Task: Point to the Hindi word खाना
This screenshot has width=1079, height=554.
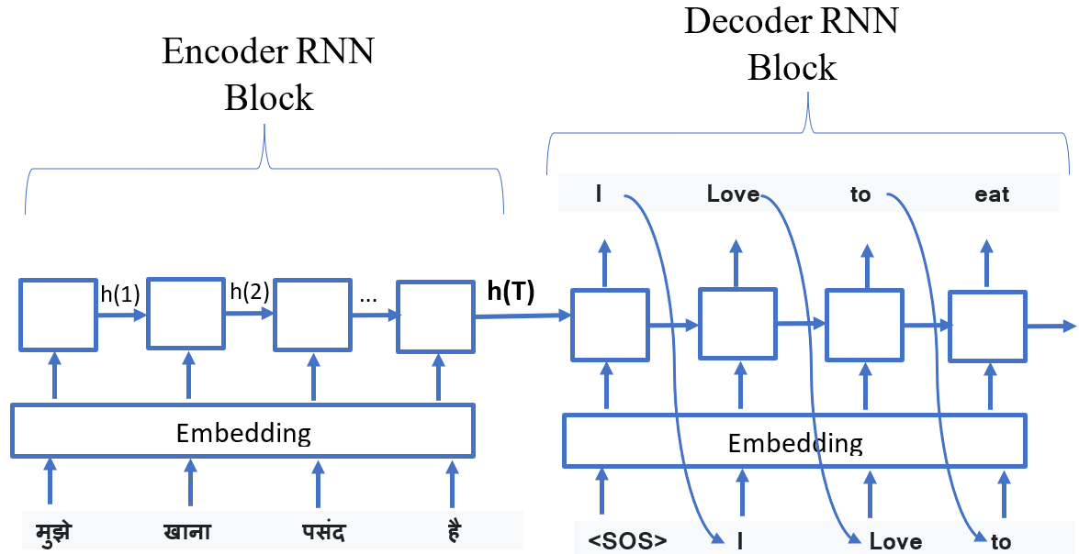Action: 187,533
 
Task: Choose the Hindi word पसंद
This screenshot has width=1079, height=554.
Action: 322,533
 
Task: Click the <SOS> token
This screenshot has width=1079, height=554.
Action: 627,540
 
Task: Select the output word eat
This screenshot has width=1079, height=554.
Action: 992,194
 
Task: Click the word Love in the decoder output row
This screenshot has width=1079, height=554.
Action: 733,194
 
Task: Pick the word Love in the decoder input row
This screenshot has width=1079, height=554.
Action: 895,541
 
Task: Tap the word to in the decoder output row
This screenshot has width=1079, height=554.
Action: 860,194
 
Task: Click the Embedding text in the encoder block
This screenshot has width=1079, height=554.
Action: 243,432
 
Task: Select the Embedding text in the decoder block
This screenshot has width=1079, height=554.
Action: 795,444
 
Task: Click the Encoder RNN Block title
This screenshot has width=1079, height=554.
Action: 268,73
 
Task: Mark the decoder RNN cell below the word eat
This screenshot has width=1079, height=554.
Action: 986,326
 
